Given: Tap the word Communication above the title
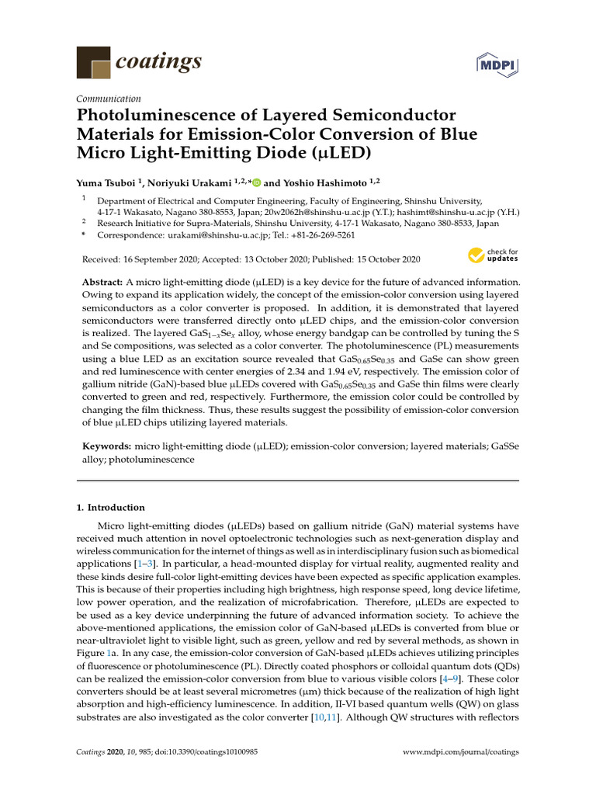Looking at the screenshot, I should (x=109, y=99).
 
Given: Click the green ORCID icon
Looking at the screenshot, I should (x=257, y=183).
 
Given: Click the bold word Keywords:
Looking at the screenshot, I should (x=107, y=447).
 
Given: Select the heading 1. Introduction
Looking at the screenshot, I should (x=110, y=508).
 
